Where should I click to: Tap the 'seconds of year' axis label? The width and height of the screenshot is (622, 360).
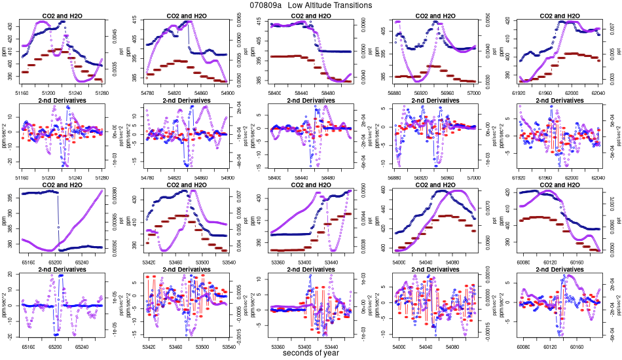click(311, 353)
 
